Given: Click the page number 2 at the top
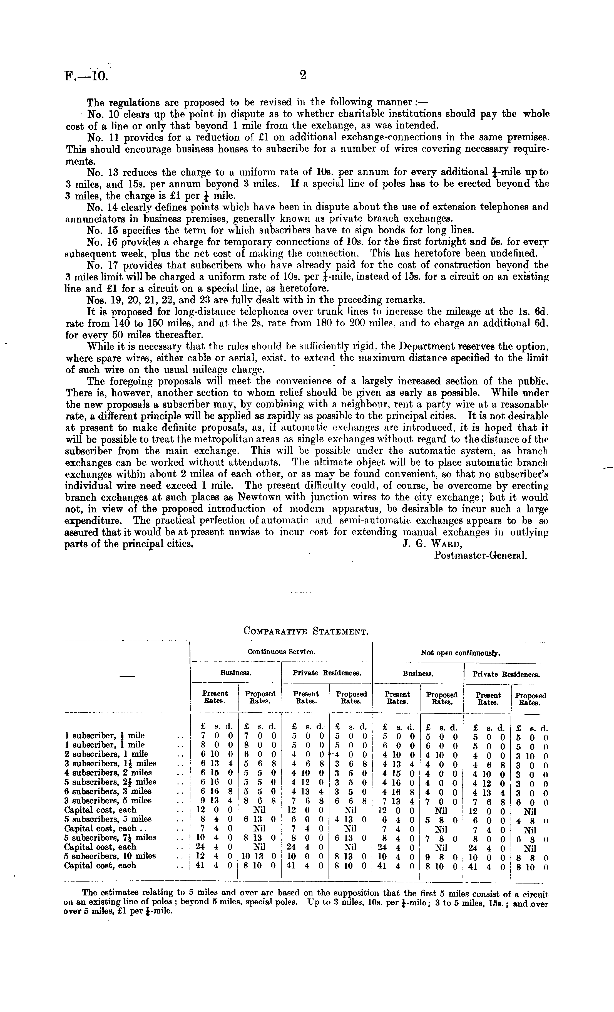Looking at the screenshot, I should (303, 75).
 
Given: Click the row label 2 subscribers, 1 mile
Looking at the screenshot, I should (106, 754).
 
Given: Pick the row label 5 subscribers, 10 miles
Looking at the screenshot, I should (110, 856).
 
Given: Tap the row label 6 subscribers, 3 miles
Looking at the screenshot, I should (108, 791).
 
